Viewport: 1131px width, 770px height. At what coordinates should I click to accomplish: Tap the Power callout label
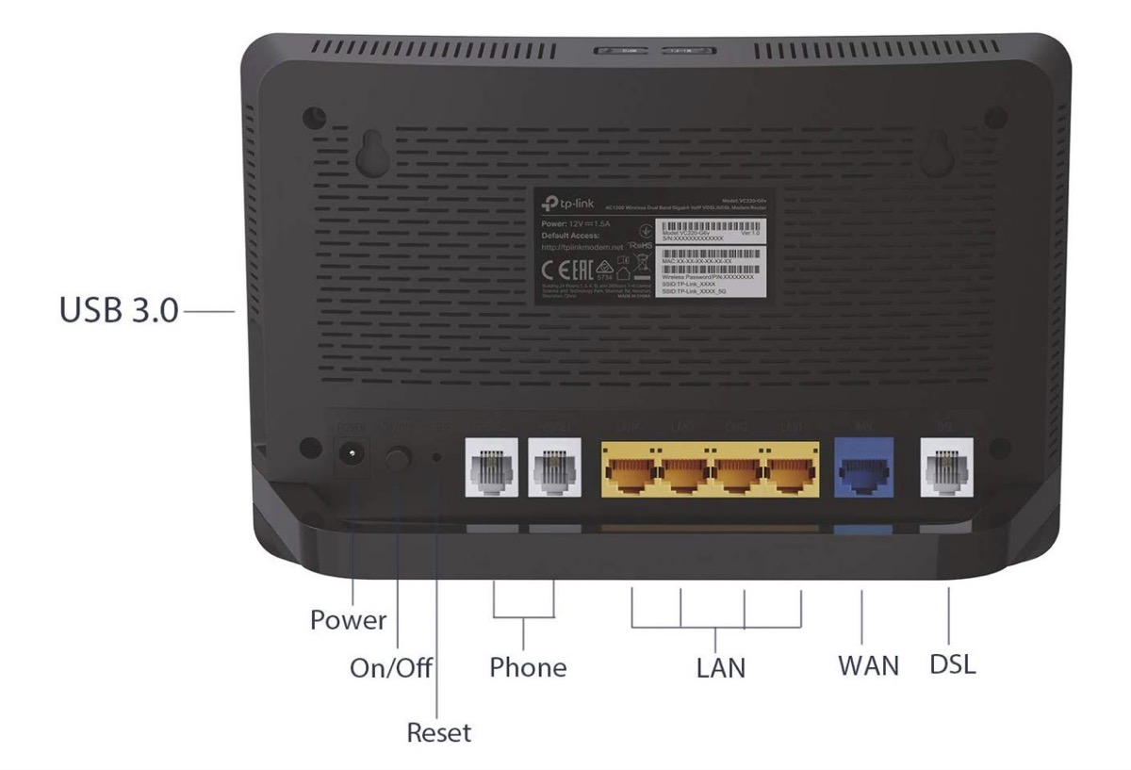tap(349, 621)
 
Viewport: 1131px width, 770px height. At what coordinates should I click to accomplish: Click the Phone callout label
tap(528, 667)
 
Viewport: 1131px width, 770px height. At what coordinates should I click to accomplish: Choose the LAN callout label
tap(720, 668)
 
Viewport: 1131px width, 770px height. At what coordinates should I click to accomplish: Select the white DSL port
tap(947, 468)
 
